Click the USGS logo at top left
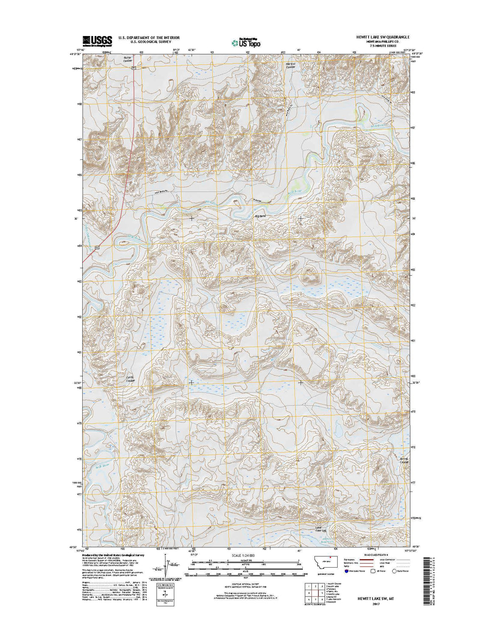(x=97, y=40)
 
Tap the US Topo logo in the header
(x=246, y=42)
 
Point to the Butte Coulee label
(x=128, y=59)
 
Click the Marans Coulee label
(x=290, y=65)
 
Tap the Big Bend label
(x=260, y=216)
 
